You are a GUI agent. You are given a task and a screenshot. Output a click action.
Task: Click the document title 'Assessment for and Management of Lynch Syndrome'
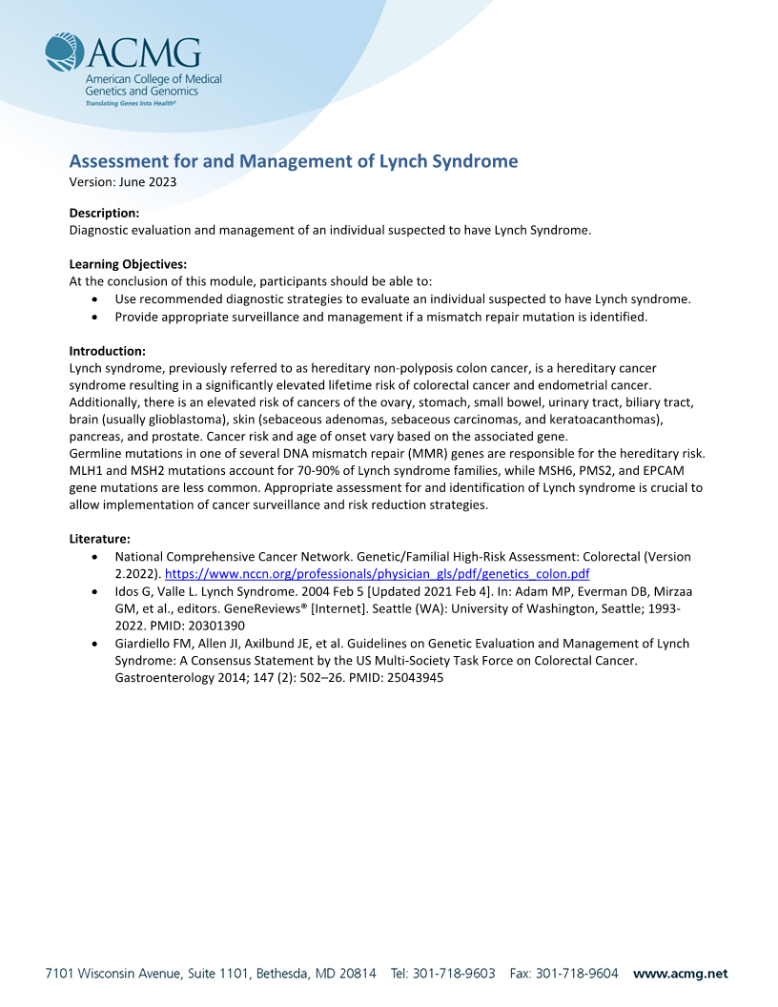point(294,161)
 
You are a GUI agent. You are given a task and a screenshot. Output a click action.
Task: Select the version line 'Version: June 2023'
point(123,182)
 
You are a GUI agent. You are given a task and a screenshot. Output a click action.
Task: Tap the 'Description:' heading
point(105,213)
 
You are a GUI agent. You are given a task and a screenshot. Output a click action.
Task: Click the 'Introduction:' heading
point(107,351)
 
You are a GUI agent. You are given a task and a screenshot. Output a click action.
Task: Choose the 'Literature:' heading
point(100,539)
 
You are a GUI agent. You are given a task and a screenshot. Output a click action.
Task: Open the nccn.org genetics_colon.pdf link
point(378,574)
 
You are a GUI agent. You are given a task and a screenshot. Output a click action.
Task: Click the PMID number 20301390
point(216,626)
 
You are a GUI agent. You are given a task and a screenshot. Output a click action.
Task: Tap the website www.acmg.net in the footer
point(680,974)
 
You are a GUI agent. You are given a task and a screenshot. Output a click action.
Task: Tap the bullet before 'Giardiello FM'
point(93,644)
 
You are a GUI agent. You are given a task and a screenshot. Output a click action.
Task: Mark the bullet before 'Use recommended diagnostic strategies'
point(93,299)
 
